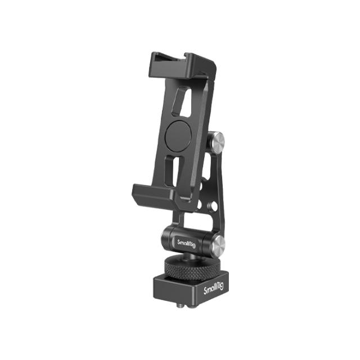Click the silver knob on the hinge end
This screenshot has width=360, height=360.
click(x=220, y=245)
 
